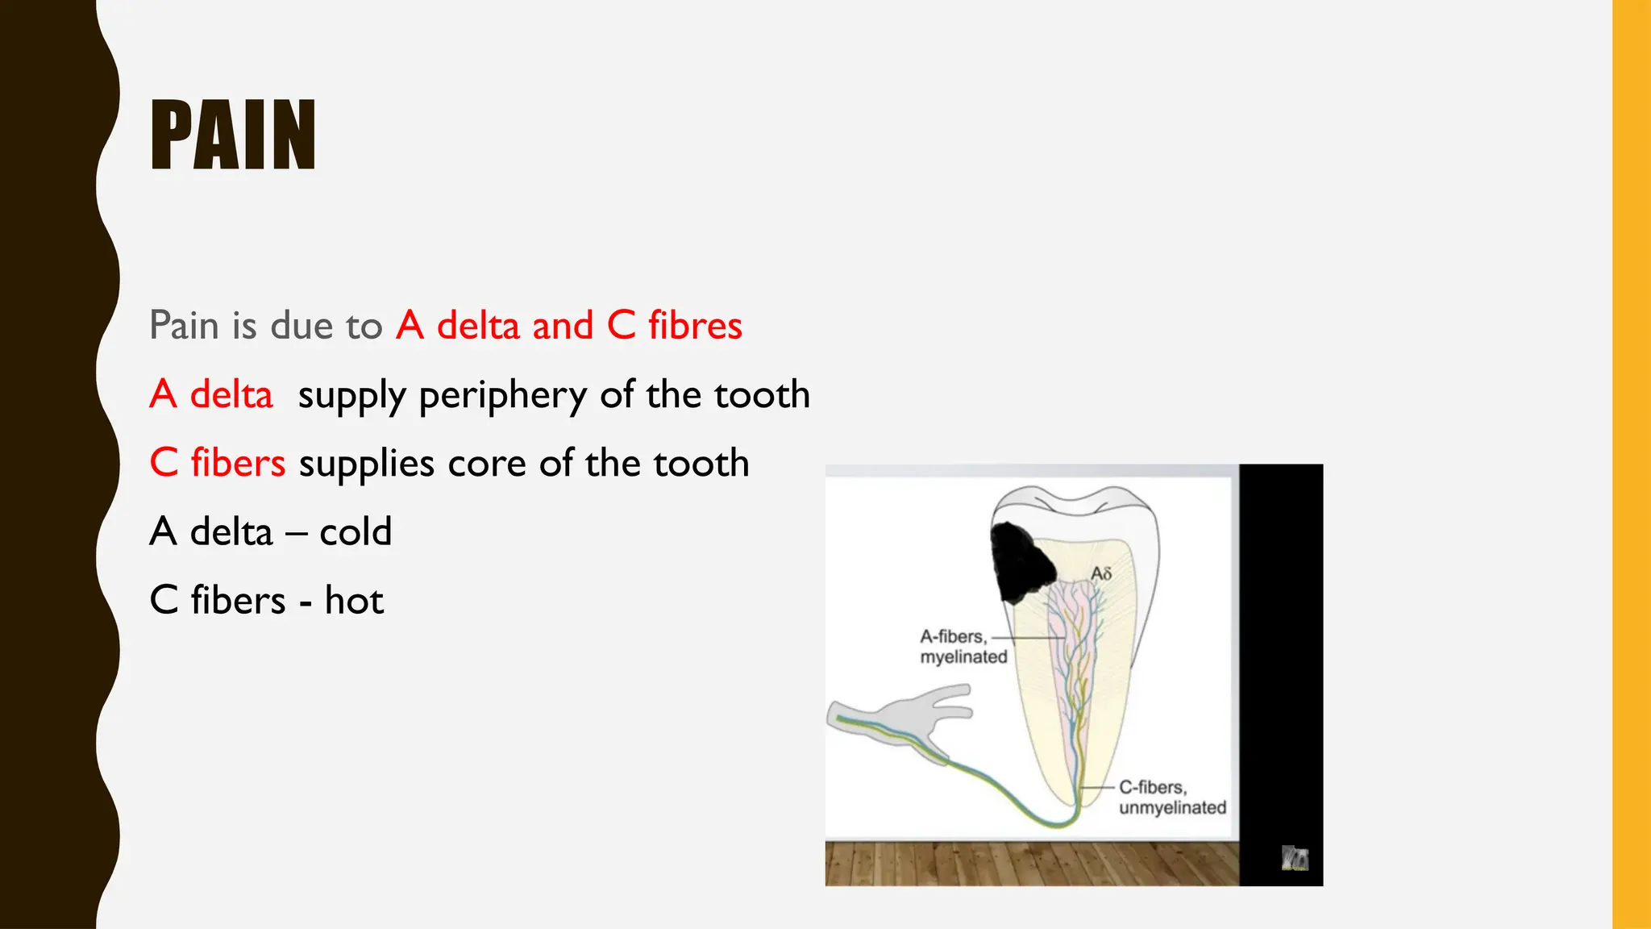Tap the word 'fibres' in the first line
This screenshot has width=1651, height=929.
click(695, 326)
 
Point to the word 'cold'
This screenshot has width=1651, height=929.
click(356, 532)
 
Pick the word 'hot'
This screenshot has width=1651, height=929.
click(354, 601)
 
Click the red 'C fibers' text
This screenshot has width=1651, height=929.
click(218, 464)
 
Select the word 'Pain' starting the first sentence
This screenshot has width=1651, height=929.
click(184, 326)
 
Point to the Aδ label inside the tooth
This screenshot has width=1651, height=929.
click(1101, 573)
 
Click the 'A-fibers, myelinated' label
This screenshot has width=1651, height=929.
click(963, 647)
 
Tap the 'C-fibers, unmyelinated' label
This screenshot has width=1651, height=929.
click(1172, 798)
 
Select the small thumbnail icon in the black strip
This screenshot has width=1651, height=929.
click(1295, 858)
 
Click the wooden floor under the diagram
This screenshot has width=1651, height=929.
click(1032, 864)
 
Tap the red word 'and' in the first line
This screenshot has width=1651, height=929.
click(563, 326)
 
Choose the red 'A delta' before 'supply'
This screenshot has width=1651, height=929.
click(211, 395)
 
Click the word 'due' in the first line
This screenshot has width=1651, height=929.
click(301, 326)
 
